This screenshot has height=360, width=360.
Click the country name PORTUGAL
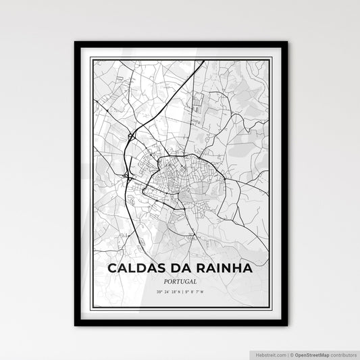(180, 280)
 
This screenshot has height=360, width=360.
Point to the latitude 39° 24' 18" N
(165, 292)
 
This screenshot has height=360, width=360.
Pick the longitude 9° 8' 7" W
(197, 292)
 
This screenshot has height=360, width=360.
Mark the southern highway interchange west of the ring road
(128, 177)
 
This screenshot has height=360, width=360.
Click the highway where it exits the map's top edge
(203, 61)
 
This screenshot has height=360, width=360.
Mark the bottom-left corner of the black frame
(75, 326)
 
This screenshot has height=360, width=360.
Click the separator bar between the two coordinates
(182, 292)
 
